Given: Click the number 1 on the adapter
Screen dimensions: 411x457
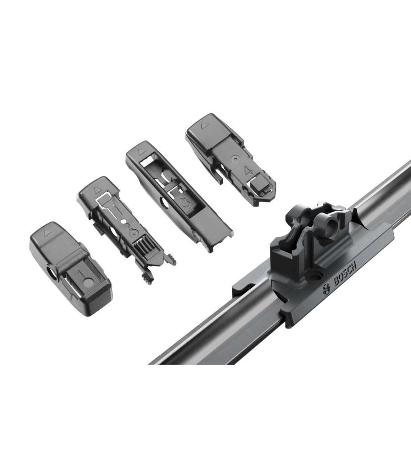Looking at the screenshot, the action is [80, 274].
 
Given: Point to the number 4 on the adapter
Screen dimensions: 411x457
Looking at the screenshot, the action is [248, 170].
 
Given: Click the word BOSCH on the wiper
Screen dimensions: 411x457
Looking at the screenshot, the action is [345, 273].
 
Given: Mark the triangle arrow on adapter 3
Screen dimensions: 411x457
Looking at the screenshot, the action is [142, 152].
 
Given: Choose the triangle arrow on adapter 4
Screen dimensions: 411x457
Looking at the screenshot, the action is [204, 126].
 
